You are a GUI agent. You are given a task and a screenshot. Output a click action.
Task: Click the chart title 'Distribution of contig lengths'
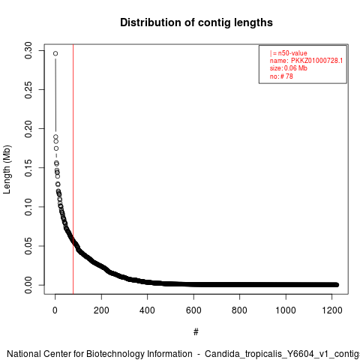click(196, 22)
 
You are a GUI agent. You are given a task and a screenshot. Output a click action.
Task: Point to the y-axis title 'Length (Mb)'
click(7, 169)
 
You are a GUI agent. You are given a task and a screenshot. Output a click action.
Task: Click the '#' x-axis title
click(196, 332)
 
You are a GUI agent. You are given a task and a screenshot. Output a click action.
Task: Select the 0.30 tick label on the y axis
click(28, 50)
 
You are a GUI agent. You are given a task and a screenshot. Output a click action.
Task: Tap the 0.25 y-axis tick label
click(28, 90)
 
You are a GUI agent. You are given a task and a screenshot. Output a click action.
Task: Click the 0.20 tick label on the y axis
click(28, 129)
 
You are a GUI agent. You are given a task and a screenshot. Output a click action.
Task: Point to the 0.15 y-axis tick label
click(28, 168)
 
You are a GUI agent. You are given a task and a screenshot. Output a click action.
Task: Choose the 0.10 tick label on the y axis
click(28, 207)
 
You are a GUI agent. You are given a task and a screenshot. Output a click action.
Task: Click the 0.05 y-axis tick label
click(28, 246)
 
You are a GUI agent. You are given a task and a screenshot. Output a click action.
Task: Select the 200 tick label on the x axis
click(101, 310)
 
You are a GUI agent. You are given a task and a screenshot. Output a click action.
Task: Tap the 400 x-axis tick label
click(147, 310)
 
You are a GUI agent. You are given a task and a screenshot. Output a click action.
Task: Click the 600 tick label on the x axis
click(193, 310)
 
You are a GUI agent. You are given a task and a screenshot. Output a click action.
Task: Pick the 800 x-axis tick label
click(239, 310)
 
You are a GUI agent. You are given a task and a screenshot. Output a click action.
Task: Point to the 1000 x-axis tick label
click(286, 310)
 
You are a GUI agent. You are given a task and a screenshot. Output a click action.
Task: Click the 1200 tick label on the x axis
click(331, 310)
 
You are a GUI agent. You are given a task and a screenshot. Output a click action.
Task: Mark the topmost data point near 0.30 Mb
click(55, 53)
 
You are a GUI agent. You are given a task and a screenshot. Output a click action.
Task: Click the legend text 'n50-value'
click(292, 53)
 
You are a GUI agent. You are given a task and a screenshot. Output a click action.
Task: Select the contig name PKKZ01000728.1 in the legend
click(316, 61)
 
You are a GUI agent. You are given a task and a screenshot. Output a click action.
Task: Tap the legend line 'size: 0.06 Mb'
click(289, 68)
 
